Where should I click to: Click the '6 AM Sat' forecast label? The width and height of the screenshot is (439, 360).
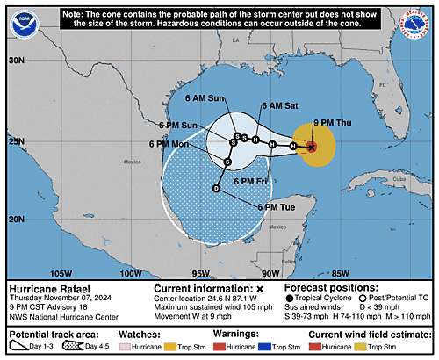coord(277,106)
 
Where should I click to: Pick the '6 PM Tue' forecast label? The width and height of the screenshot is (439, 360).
coord(274,205)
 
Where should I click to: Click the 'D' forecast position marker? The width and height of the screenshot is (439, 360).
coord(216,188)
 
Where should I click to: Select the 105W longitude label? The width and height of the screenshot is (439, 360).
coord(61,273)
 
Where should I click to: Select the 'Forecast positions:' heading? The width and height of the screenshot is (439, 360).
coord(324,288)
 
